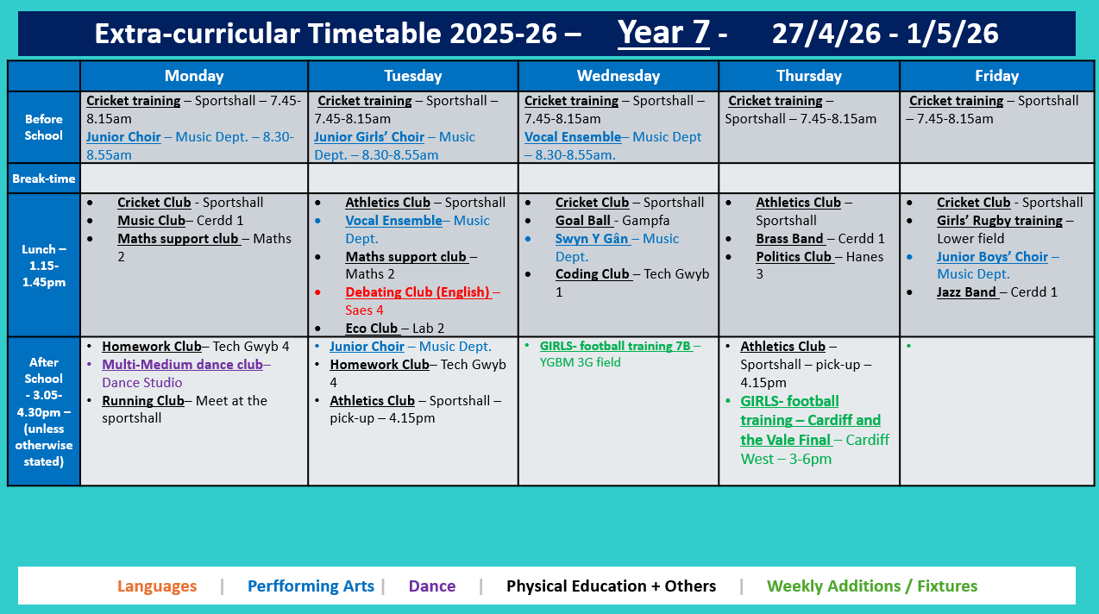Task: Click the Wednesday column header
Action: click(618, 76)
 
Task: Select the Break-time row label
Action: click(43, 179)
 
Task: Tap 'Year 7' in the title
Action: click(663, 34)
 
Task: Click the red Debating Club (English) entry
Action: click(418, 292)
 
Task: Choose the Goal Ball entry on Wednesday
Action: click(583, 221)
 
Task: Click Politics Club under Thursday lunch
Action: click(794, 256)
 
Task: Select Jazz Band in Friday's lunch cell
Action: click(967, 292)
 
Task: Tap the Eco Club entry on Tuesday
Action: click(372, 328)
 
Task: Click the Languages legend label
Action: click(157, 586)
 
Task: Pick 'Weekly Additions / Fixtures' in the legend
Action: click(872, 586)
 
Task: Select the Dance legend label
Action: click(431, 586)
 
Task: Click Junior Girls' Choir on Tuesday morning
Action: click(369, 137)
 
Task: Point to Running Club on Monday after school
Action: click(143, 401)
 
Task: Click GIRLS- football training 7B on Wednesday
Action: click(615, 347)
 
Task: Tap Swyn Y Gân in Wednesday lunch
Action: click(591, 239)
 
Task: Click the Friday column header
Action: click(996, 76)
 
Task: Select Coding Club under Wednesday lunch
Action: click(593, 274)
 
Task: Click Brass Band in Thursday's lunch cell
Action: click(789, 239)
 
